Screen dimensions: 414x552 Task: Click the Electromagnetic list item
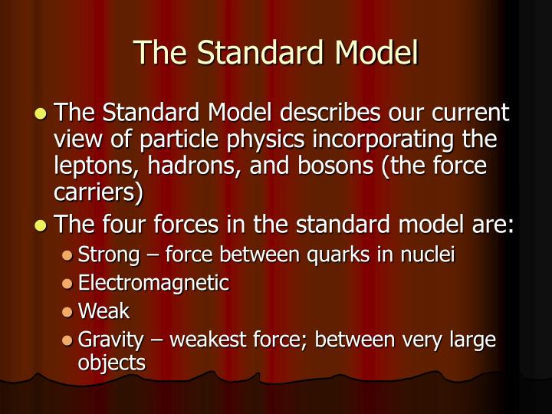click(x=153, y=283)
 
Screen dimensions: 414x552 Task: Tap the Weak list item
click(x=104, y=310)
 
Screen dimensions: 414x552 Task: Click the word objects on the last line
click(x=112, y=362)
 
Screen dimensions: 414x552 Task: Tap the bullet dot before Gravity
click(x=68, y=339)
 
